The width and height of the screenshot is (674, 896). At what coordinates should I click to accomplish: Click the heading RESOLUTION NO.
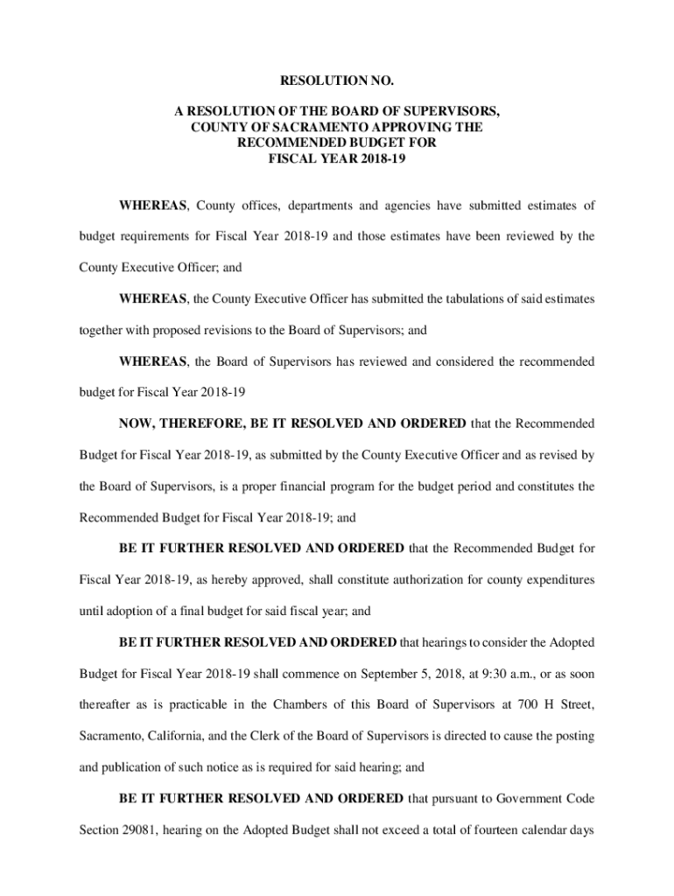click(x=337, y=81)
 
